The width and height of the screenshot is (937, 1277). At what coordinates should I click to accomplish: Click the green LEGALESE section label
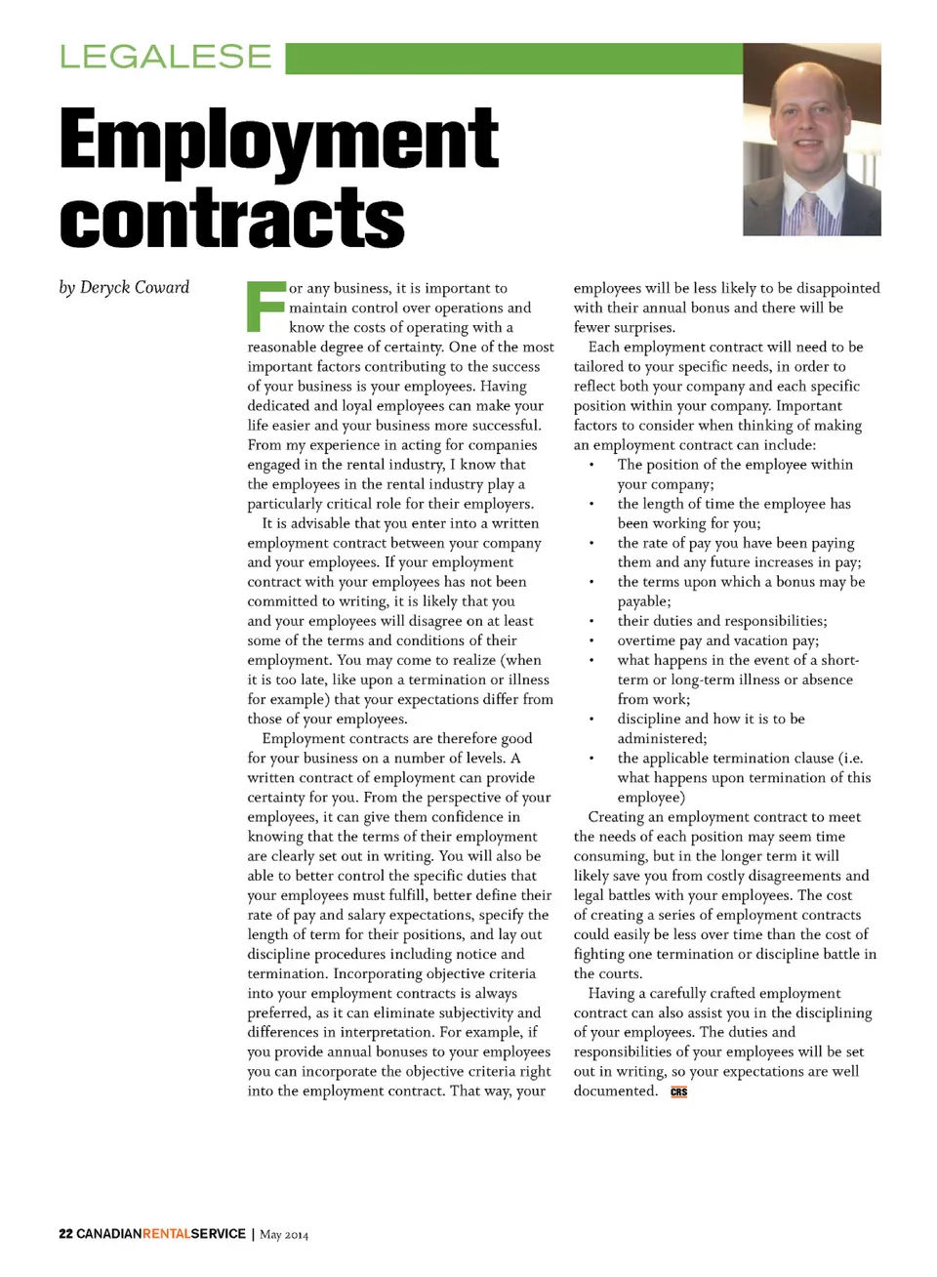click(x=165, y=57)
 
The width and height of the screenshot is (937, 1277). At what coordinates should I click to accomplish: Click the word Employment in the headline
click(x=279, y=141)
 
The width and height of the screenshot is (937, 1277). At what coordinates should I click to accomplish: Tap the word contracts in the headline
click(x=232, y=218)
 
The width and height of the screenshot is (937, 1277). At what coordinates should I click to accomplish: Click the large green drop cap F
click(x=265, y=306)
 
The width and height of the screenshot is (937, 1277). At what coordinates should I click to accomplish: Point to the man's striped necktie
click(x=809, y=213)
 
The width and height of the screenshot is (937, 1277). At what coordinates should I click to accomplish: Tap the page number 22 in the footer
click(x=65, y=1234)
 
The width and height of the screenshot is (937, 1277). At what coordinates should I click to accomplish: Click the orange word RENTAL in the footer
click(x=166, y=1234)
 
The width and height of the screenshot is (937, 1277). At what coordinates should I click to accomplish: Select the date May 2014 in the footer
click(x=284, y=1235)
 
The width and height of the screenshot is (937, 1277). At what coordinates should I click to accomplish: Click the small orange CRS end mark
click(x=678, y=1092)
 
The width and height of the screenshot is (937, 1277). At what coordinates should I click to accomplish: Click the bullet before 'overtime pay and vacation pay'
click(x=591, y=641)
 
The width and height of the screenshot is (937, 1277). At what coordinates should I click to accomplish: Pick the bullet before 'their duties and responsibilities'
click(x=591, y=622)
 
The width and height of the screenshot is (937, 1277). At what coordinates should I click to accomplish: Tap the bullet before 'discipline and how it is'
click(x=591, y=720)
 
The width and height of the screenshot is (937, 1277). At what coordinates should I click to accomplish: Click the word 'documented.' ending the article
click(x=615, y=1091)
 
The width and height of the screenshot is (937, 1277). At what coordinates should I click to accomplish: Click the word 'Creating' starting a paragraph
click(x=619, y=817)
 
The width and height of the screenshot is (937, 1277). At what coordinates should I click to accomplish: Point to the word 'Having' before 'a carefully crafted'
click(x=611, y=993)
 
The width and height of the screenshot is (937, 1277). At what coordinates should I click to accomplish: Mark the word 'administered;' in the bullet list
click(x=662, y=739)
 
